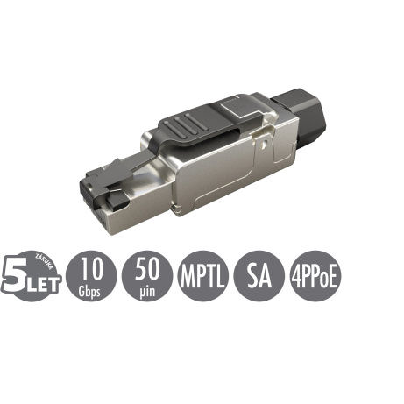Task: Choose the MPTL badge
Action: tap(203, 275)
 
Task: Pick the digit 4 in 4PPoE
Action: tap(295, 275)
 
